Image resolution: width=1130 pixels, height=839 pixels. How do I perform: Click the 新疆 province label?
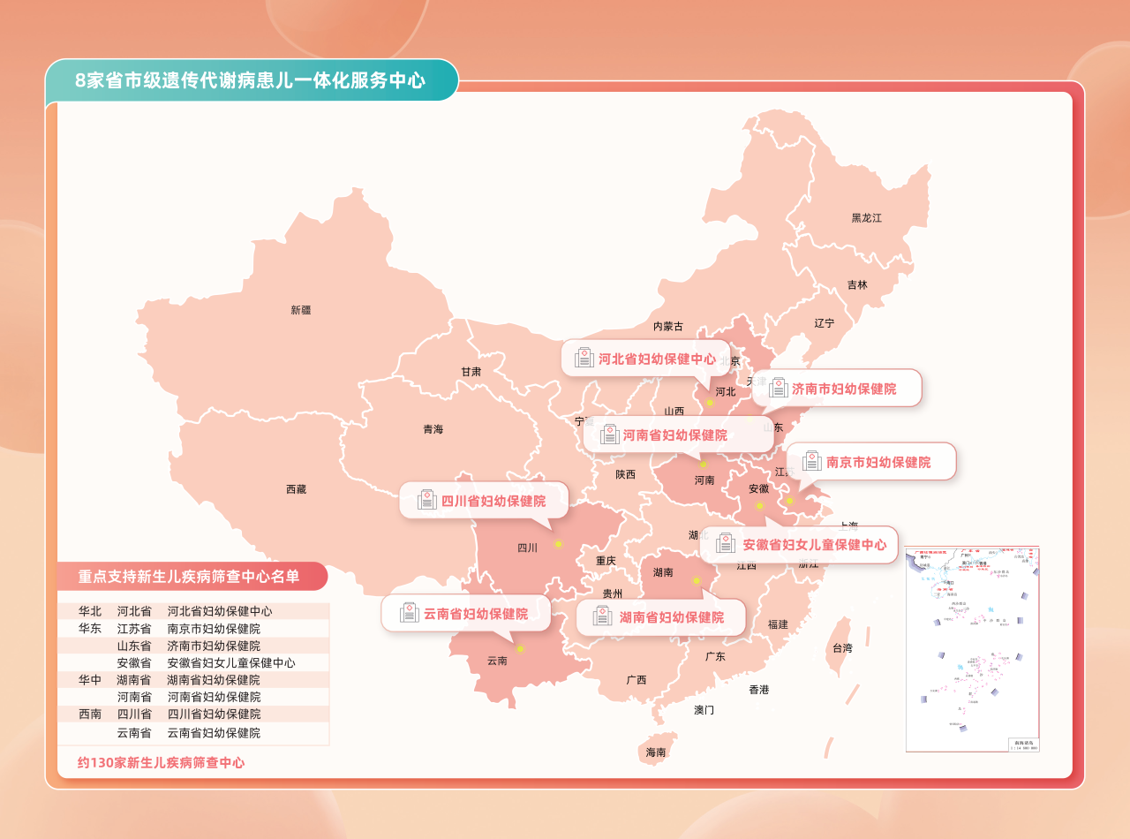[x=300, y=310]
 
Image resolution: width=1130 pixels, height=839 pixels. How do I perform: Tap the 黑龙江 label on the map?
[x=866, y=217]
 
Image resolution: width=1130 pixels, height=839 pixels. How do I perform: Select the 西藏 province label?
[x=296, y=489]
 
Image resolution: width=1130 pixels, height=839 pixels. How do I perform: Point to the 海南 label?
[x=655, y=752]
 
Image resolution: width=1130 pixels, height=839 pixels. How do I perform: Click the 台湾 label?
[x=842, y=648]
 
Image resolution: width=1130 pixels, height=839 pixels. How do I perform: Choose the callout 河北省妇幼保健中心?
[x=646, y=359]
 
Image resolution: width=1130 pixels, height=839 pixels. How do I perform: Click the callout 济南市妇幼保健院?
[x=837, y=389]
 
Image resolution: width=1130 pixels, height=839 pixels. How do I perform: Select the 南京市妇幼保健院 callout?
[x=871, y=462]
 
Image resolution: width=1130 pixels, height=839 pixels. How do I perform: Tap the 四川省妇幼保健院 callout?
[x=484, y=501]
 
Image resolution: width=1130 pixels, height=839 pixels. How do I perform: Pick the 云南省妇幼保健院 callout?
[x=466, y=614]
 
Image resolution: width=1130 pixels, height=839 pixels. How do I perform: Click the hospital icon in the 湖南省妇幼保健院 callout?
[x=603, y=616]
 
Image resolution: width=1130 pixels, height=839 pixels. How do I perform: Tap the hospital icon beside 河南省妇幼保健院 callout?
[x=609, y=435]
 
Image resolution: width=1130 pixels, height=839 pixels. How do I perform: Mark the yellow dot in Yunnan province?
[x=520, y=649]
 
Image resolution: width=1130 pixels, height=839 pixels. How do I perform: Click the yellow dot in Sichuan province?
[x=558, y=544]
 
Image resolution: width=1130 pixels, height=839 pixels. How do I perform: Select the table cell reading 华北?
[x=90, y=611]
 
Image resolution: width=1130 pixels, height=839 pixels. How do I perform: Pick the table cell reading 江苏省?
[x=134, y=629]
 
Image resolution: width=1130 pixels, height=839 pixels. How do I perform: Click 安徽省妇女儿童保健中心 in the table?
[x=231, y=662]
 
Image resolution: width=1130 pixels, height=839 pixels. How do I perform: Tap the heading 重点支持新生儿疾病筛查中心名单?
[x=189, y=577]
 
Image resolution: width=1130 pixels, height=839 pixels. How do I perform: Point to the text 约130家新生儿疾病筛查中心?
[x=161, y=762]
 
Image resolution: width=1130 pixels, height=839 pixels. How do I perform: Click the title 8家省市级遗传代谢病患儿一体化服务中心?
[x=251, y=81]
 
